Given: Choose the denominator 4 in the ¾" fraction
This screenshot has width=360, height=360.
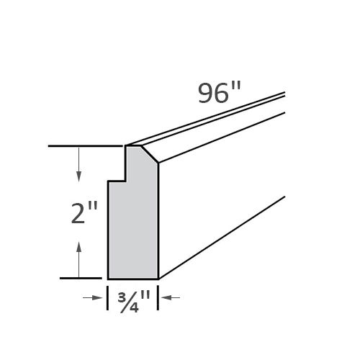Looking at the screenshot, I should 134,303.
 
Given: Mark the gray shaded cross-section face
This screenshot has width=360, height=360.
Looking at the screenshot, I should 134,223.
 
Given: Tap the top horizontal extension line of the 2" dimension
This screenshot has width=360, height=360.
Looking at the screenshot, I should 86,146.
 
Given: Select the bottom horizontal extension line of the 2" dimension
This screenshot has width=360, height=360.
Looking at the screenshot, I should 81,278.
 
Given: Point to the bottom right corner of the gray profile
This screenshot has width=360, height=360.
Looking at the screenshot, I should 158,278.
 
